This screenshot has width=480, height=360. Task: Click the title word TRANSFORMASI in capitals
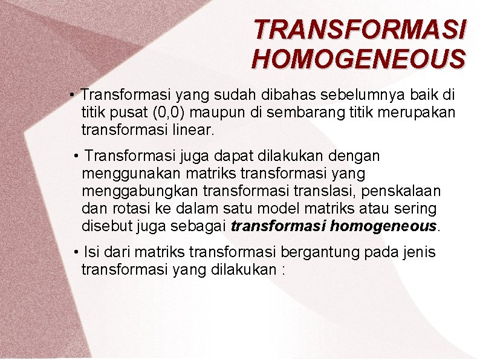click(360, 28)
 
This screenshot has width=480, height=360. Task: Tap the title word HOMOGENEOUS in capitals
click(358, 59)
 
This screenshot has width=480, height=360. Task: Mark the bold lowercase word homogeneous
click(384, 226)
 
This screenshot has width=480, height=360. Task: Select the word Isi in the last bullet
click(91, 252)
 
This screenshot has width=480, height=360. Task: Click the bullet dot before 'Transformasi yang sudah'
click(71, 96)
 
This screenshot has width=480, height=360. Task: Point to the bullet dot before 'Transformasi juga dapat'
click(76, 157)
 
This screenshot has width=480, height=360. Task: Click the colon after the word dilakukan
click(282, 269)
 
